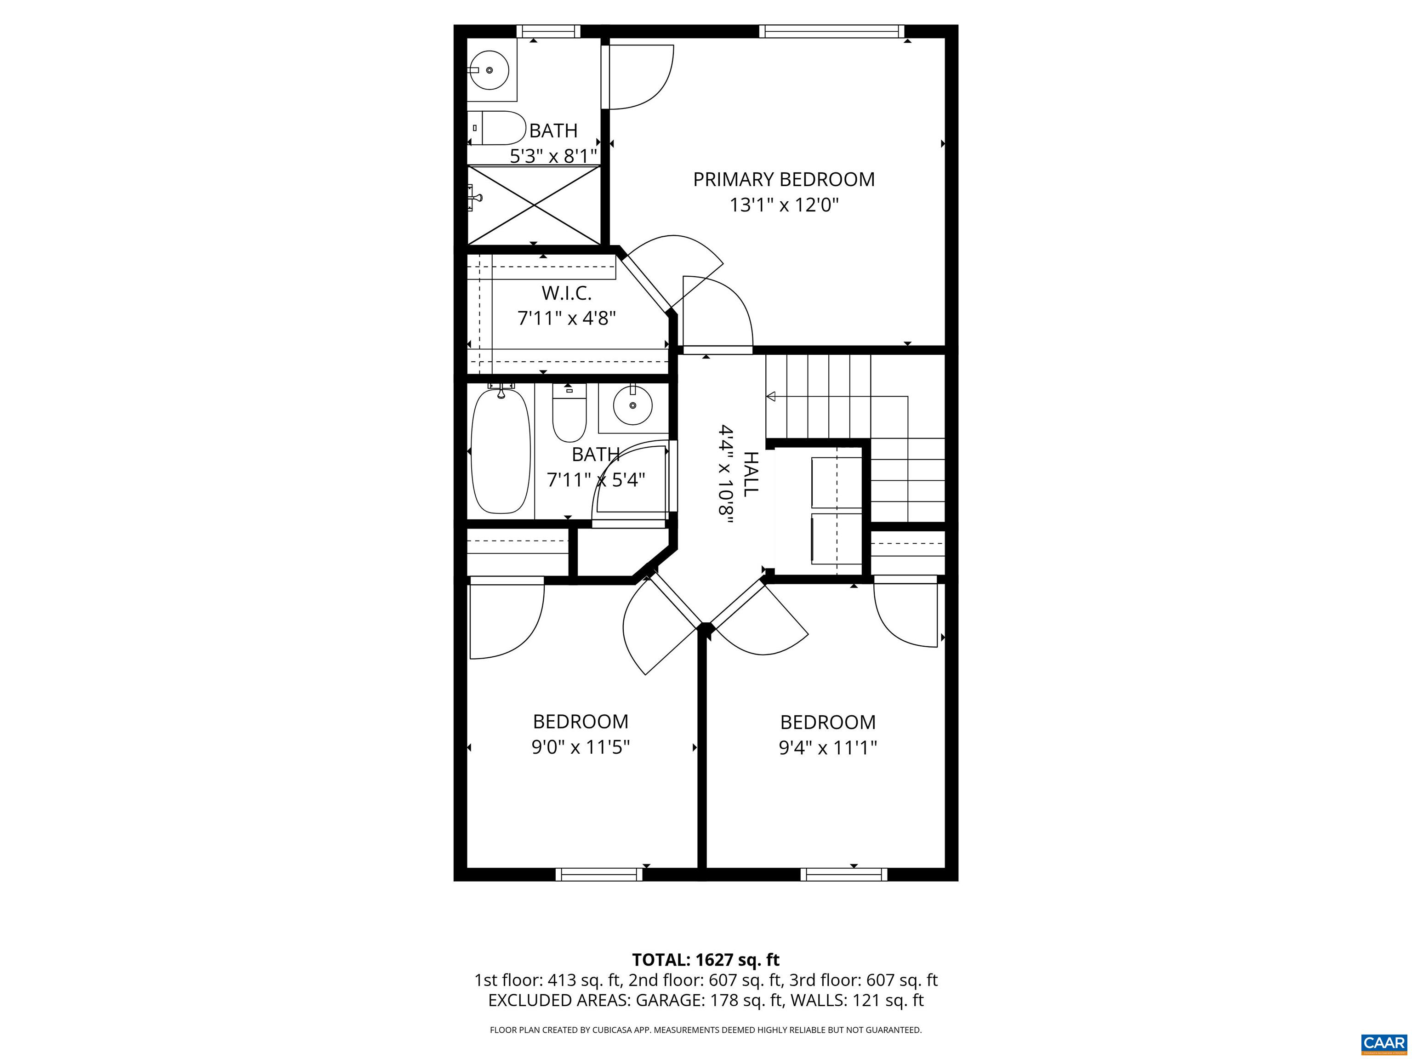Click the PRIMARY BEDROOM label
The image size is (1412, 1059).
tap(783, 179)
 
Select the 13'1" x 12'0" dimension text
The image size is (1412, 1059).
tap(783, 205)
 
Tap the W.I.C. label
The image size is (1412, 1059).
tap(566, 293)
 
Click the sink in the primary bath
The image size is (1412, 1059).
tap(489, 69)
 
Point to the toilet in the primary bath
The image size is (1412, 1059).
tap(495, 128)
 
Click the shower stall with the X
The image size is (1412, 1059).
tap(534, 205)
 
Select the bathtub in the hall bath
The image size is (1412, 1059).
tap(501, 452)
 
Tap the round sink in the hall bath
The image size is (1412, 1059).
tap(632, 404)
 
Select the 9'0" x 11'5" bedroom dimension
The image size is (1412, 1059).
tap(580, 747)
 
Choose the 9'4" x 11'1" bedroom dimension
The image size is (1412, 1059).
tap(827, 747)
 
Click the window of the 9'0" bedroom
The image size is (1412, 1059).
tap(599, 875)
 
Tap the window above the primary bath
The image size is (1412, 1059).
tap(548, 31)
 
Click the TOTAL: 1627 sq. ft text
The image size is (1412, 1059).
tap(706, 960)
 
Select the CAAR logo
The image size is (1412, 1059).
tap(1384, 1043)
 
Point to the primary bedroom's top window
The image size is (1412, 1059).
tap(831, 31)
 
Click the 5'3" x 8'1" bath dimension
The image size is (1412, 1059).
tap(553, 156)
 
